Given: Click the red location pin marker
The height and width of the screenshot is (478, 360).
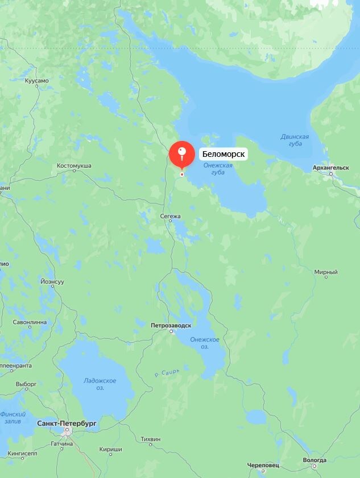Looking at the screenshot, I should [181, 153].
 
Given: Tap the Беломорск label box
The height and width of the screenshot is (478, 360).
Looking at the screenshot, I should [224, 154].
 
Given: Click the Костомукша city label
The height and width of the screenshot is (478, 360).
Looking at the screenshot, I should [74, 166].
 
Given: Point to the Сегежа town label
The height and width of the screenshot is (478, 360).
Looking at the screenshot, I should [171, 216].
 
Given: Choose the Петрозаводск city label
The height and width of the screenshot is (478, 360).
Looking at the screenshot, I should [171, 326].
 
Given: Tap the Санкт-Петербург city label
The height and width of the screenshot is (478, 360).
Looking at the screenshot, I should [67, 424].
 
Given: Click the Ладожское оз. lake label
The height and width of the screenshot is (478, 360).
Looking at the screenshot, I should [100, 384].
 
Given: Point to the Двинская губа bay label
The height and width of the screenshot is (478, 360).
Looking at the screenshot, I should [295, 140].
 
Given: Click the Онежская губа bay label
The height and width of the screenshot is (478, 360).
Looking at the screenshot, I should [218, 168].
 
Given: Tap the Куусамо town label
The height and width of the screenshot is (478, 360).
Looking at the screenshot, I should [37, 81].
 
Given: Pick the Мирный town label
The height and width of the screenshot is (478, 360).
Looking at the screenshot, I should [326, 272].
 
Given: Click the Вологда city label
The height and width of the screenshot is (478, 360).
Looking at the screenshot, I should [315, 460].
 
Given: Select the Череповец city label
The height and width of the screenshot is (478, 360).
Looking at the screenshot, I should [263, 465].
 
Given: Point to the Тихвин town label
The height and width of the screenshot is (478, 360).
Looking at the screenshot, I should [150, 439].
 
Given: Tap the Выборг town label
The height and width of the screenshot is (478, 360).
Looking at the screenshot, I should [26, 384].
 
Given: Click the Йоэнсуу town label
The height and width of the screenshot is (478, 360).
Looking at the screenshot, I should [52, 282].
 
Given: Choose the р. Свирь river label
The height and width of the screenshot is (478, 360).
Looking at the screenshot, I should [167, 373].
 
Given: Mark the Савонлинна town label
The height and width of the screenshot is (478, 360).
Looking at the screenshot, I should [30, 322].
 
